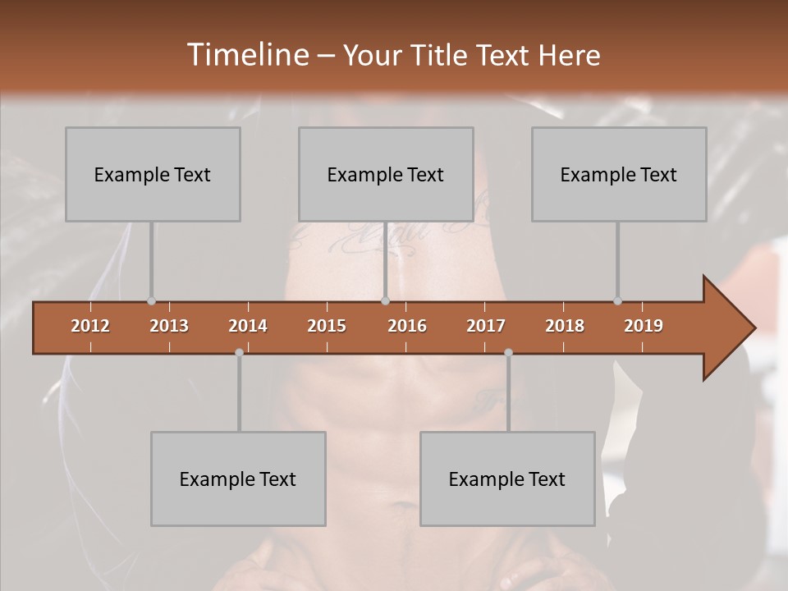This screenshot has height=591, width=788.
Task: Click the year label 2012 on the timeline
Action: click(90, 326)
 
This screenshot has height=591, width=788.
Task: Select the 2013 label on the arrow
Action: click(169, 326)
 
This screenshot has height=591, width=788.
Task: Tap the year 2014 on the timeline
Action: click(248, 326)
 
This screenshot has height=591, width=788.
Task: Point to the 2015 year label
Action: click(327, 326)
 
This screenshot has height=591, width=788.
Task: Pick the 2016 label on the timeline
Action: click(407, 326)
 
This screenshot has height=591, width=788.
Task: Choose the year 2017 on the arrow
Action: click(486, 326)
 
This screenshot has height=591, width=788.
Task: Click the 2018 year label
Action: click(565, 326)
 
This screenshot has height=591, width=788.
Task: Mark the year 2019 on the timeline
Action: click(644, 326)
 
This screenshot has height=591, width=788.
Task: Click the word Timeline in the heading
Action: click(245, 55)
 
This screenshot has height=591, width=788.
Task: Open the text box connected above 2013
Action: click(153, 174)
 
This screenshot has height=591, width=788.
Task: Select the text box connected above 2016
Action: click(386, 174)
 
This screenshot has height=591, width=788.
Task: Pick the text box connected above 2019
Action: click(619, 174)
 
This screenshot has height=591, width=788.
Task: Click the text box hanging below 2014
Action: click(238, 479)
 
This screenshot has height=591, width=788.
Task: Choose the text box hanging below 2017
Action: click(507, 479)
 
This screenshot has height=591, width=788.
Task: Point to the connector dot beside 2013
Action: click(151, 301)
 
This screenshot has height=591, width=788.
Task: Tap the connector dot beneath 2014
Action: click(239, 352)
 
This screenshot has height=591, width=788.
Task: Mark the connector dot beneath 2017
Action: click(508, 352)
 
